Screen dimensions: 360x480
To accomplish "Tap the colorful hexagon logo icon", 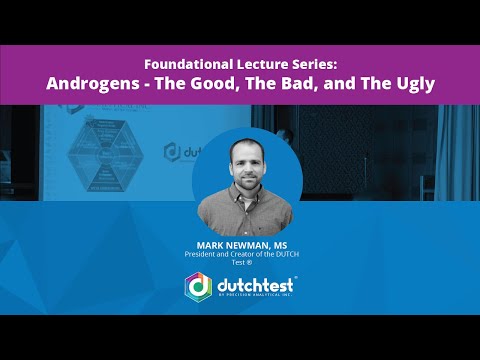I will [x=199, y=286].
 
